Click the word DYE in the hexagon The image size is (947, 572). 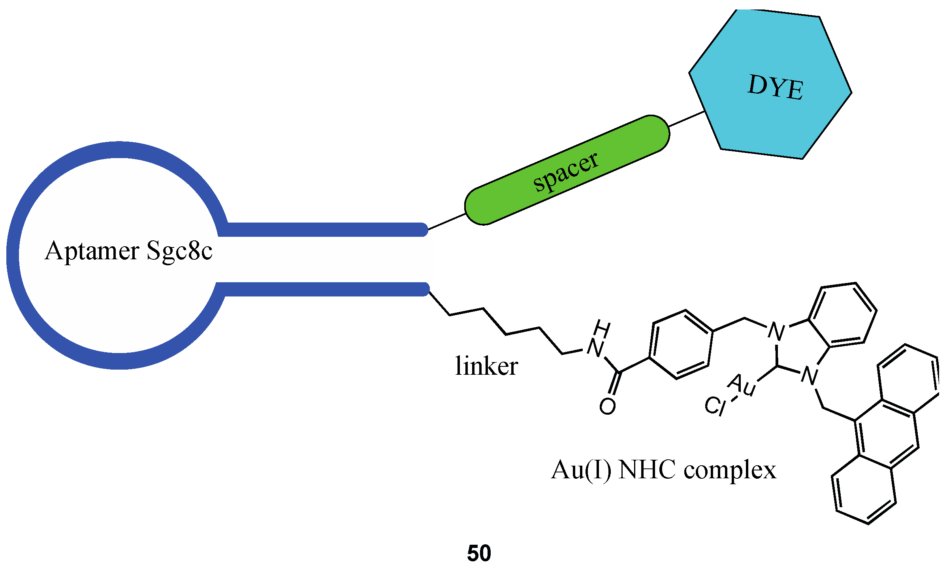click(775, 87)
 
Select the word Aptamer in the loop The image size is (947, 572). click(92, 251)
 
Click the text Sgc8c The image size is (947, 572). click(179, 251)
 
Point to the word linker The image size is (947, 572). click(486, 366)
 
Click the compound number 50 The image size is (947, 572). click(479, 553)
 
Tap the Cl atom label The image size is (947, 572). click(715, 406)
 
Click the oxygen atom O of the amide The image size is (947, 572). click(607, 406)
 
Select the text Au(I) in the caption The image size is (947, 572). click(581, 470)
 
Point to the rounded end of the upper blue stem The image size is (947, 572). click(424, 230)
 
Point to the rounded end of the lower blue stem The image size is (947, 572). click(425, 289)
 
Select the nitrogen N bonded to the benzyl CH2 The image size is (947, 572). click(776, 331)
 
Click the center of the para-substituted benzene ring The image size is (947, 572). click(681, 344)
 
